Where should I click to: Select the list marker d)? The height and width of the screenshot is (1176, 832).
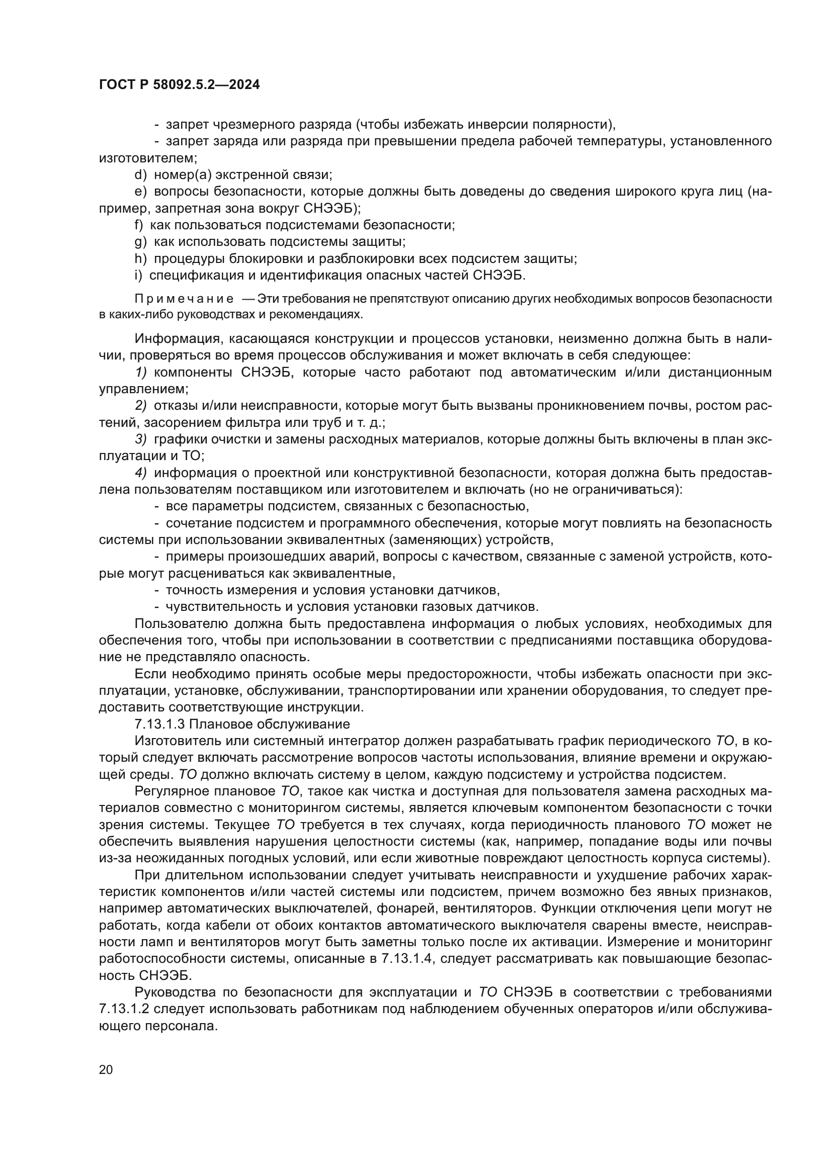[140, 175]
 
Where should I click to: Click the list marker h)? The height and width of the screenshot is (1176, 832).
[140, 258]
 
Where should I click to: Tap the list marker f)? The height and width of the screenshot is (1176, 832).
[138, 225]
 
